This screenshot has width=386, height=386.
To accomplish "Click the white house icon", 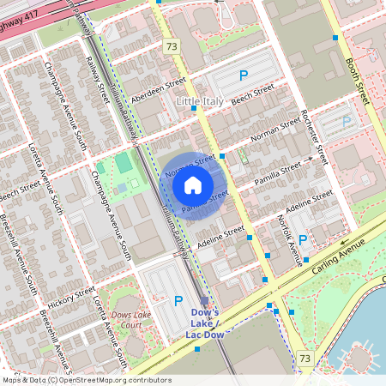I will [193, 184].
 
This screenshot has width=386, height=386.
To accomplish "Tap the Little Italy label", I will [201, 101].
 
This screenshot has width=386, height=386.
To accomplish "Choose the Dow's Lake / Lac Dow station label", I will [206, 323].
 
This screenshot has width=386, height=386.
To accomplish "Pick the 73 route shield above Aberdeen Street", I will [172, 45].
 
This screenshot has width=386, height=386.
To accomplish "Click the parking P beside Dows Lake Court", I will [178, 300].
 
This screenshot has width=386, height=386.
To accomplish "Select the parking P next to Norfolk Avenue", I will [303, 239].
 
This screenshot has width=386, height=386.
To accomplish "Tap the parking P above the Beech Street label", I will [244, 75].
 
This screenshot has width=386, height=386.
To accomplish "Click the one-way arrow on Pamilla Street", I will [308, 160].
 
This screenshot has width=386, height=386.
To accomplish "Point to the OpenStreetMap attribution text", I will [86, 380].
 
